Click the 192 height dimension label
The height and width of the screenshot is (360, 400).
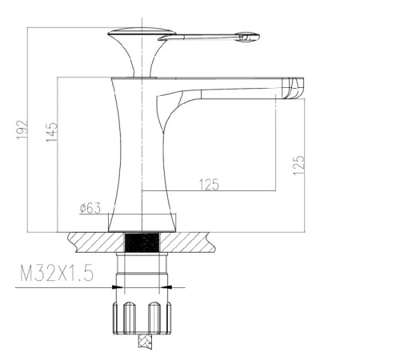tap(22, 130)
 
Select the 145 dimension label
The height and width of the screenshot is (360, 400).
tap(51, 132)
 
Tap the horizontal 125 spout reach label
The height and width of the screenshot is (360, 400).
tap(209, 185)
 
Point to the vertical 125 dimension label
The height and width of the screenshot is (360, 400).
tap(298, 165)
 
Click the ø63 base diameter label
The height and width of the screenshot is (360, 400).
tap(90, 208)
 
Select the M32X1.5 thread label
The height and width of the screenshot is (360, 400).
tap(57, 273)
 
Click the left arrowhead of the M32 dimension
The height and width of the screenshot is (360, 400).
tap(118, 287)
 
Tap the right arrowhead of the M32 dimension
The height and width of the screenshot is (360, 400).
tap(166, 287)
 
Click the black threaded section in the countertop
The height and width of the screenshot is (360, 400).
tap(142, 242)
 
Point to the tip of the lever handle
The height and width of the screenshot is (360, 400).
tap(258, 36)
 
